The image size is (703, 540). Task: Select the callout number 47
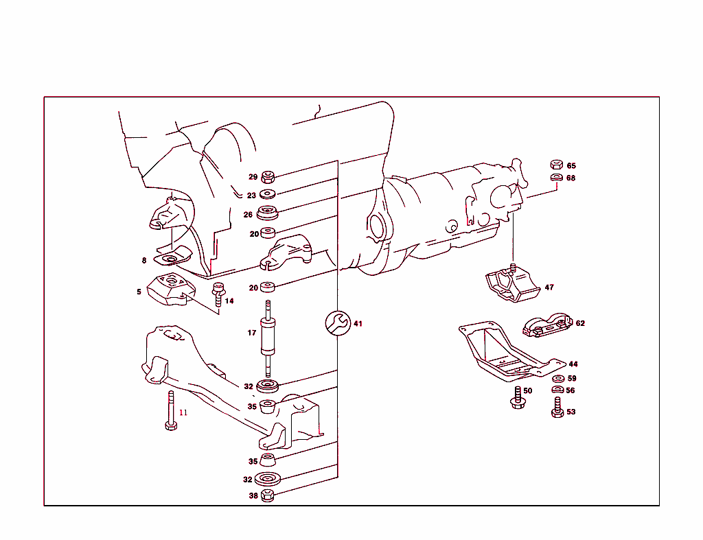pos(549,287)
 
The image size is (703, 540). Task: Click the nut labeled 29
pos(268,176)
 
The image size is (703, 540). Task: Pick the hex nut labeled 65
pos(557,165)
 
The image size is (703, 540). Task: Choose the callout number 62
pos(580,323)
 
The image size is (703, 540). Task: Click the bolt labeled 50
pos(516,399)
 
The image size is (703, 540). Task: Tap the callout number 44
pos(573,364)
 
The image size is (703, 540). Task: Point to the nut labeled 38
pos(268,495)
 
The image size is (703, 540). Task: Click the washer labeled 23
pos(268,195)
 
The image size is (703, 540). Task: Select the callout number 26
pos(248,214)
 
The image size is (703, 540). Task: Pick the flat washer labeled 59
pos(558,378)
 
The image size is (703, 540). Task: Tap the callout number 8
pos(144,261)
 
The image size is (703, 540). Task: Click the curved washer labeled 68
pos(557,178)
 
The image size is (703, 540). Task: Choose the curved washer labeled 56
pos(557,390)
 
